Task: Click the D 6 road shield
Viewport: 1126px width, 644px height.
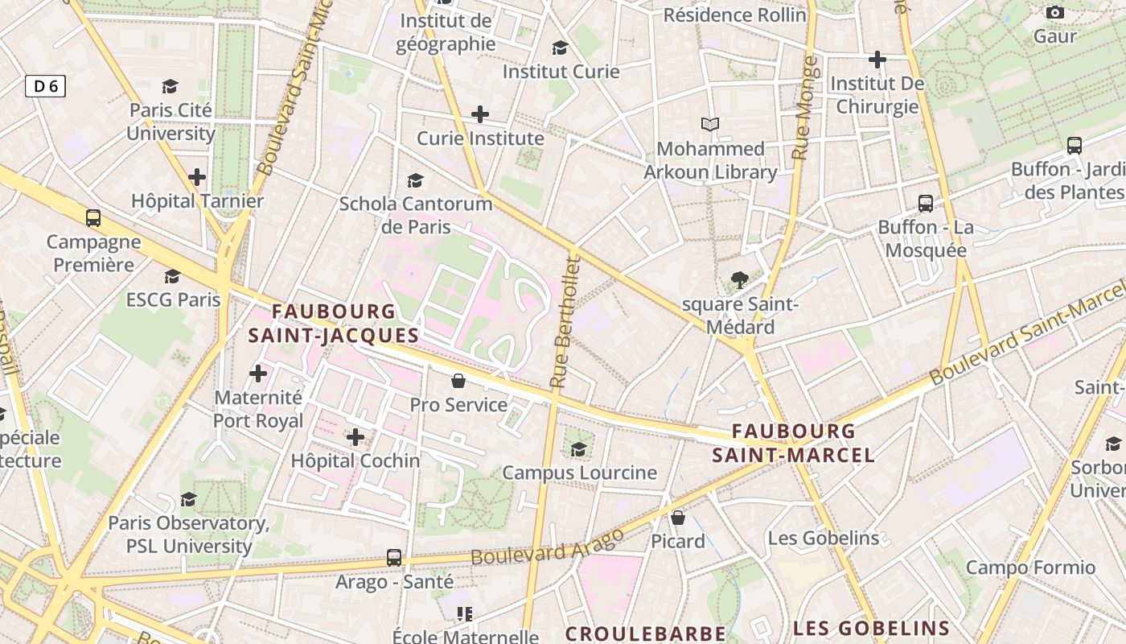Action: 45,86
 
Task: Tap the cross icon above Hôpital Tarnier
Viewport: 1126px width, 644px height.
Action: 197,177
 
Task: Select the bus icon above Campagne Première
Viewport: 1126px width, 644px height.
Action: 93,218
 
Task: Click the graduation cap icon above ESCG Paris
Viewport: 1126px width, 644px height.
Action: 173,277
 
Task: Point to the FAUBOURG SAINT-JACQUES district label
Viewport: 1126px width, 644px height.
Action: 334,324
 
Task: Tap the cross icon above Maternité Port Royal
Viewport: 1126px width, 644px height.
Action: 258,374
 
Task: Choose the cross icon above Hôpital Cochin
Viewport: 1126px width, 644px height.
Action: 355,437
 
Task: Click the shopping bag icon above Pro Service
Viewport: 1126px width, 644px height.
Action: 458,381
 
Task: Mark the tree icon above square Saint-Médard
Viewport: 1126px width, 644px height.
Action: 740,280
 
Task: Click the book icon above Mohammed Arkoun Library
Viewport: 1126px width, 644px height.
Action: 709,125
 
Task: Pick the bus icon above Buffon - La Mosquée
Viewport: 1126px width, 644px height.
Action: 926,204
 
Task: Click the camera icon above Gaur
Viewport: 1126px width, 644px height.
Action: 1055,13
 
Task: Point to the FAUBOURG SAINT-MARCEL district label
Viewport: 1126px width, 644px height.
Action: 793,444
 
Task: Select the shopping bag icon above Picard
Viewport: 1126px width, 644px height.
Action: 678,518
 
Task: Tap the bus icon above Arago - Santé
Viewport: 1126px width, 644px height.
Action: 394,557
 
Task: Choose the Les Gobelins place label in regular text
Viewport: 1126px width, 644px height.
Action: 824,538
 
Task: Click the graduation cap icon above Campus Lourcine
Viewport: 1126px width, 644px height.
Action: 579,449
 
